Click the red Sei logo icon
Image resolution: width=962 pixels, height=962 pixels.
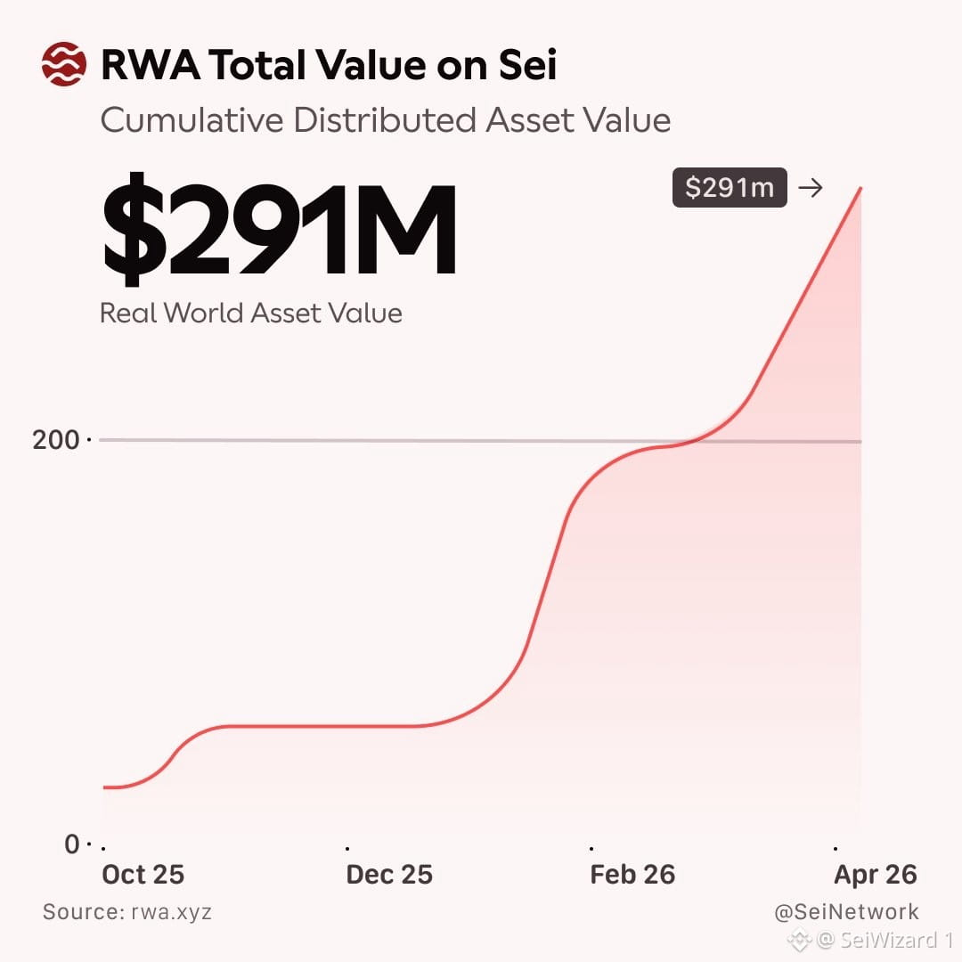coord(64,64)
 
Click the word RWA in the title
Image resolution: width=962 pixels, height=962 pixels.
coord(151,65)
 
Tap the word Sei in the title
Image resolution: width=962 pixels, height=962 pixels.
coord(527,64)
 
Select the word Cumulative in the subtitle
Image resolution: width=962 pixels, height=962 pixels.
coord(192,119)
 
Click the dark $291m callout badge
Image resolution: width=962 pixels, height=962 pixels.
coord(730,187)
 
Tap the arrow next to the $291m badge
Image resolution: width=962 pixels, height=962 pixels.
coord(810,187)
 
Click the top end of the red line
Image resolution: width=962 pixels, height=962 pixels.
coord(860,188)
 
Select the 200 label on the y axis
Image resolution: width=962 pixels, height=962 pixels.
coord(56,440)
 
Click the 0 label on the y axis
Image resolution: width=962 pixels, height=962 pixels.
coord(72,844)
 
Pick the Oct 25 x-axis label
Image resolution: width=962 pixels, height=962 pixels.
coord(143,875)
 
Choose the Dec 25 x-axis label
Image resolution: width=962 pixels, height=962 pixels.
coord(389,875)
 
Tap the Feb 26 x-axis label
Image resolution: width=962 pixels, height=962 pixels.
coord(632,875)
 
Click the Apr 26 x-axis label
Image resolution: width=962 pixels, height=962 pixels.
coord(876,875)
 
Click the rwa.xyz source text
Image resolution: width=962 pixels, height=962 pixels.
coord(171,912)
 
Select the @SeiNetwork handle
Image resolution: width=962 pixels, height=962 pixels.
coord(847,912)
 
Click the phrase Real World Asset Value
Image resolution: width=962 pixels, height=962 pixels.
coord(251,313)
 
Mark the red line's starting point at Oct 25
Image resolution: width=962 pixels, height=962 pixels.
coord(104,787)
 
